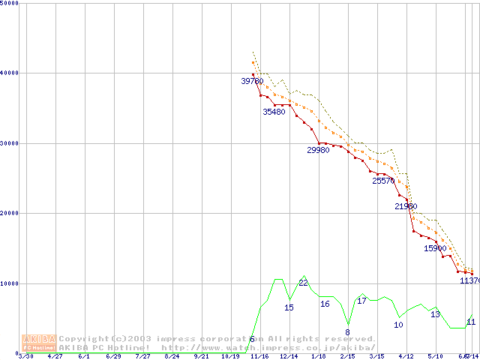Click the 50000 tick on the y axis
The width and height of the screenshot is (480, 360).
click(8, 3)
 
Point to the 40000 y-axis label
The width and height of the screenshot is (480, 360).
click(8, 73)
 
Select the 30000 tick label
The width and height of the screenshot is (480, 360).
click(8, 143)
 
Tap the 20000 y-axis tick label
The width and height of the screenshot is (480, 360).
click(8, 213)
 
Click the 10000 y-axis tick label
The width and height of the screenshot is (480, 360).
click(8, 283)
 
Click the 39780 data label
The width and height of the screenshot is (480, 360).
click(252, 81)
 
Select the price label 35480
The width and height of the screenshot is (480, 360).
click(274, 112)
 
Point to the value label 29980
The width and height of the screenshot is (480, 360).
click(318, 150)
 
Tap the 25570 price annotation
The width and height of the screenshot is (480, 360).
click(383, 181)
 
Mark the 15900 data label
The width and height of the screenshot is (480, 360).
click(435, 248)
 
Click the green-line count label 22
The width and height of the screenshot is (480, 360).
click(303, 283)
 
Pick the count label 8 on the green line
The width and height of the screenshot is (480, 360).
click(347, 332)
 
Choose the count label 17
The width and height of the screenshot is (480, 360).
click(361, 301)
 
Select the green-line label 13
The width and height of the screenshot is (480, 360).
click(435, 314)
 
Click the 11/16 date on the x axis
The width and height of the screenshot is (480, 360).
click(259, 356)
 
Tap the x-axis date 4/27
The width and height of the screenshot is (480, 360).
click(55, 356)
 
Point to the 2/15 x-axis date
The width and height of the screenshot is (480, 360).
click(347, 356)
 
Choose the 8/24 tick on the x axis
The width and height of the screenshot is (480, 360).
click(172, 356)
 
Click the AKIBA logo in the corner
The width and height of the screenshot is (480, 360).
click(39, 343)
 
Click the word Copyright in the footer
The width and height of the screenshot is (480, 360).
click(84, 339)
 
